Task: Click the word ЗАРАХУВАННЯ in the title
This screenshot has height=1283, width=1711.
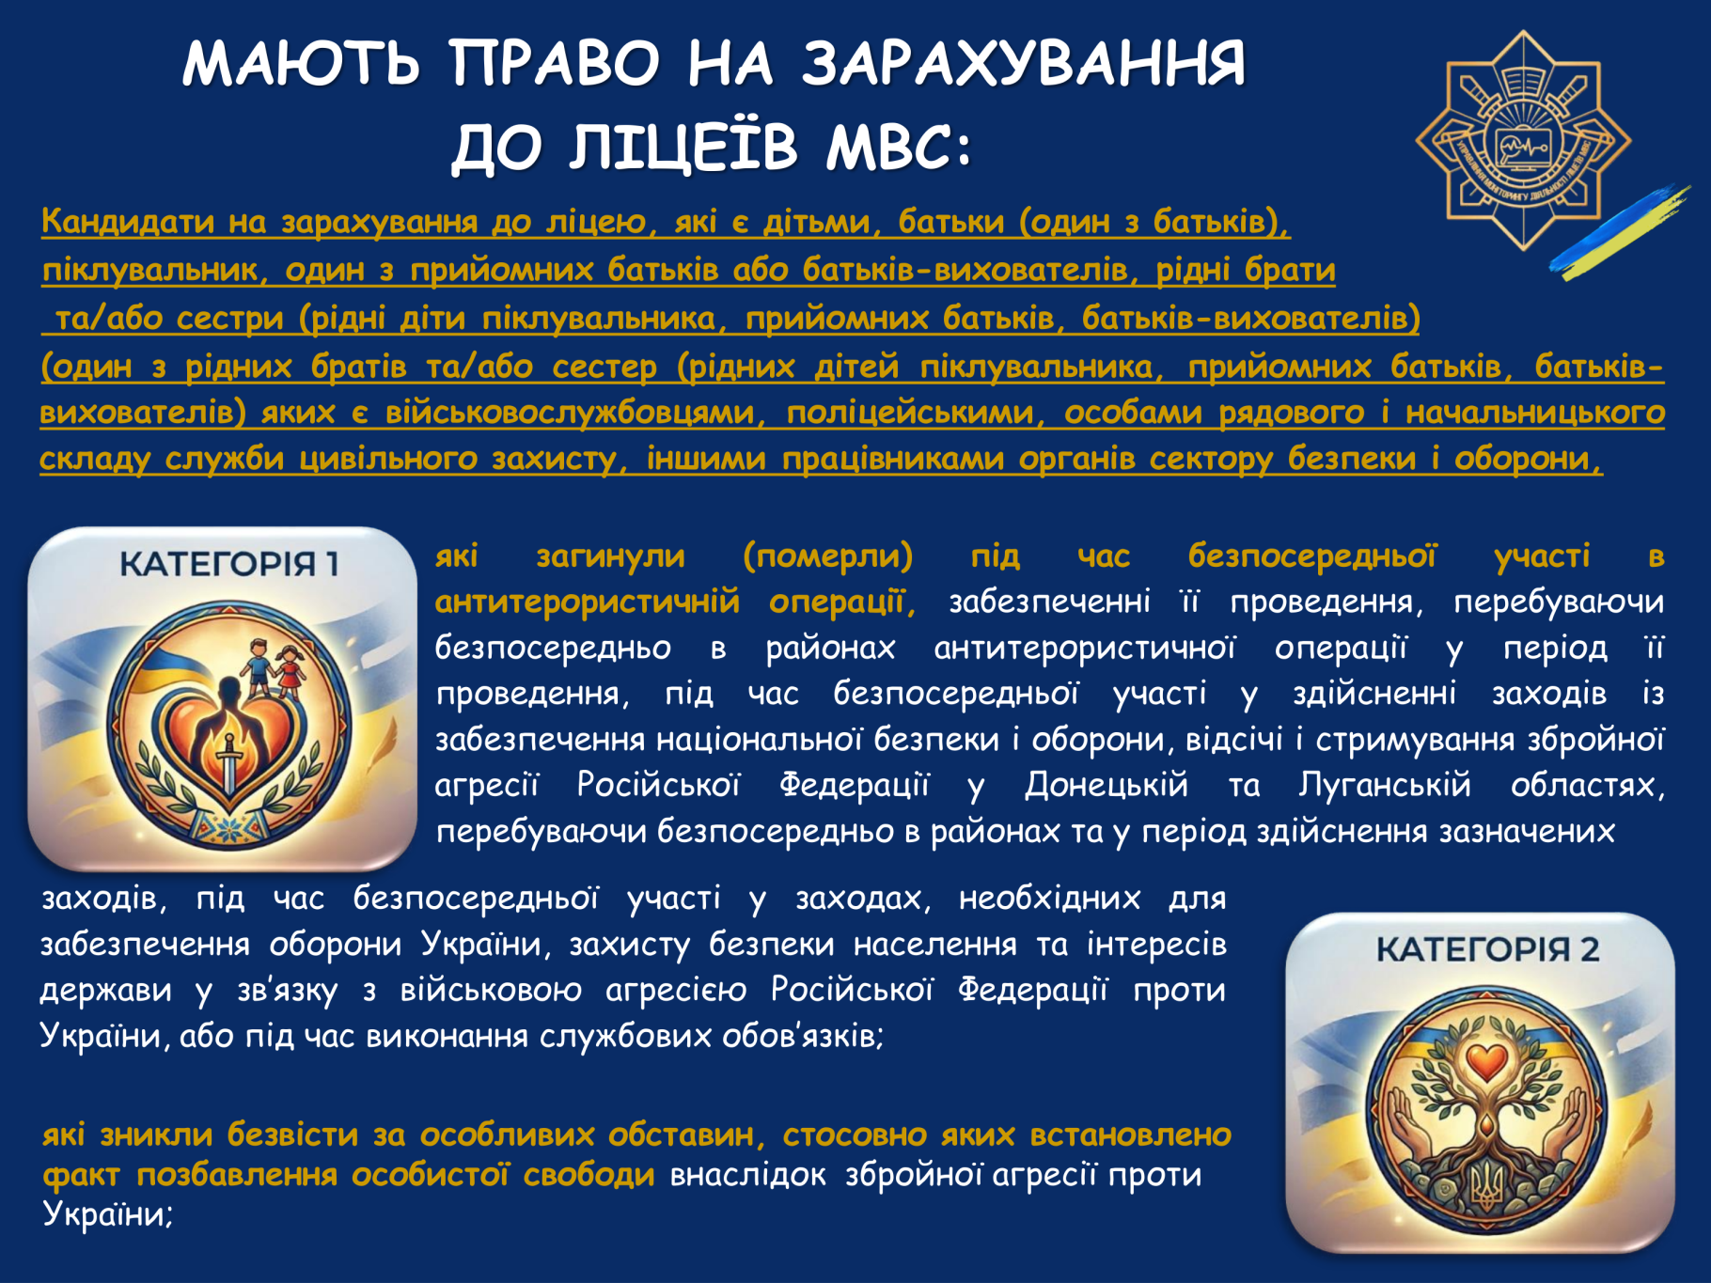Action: point(1024,63)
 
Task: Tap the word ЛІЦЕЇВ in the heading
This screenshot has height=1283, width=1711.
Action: point(684,147)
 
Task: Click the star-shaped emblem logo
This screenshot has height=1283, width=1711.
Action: point(1523,141)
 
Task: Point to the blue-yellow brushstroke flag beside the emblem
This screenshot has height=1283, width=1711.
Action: point(1619,231)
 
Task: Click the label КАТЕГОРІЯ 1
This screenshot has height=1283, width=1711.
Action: point(228,563)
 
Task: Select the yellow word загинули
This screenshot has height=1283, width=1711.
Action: point(610,556)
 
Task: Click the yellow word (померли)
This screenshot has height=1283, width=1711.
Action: point(827,556)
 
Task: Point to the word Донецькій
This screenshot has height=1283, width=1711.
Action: point(1106,785)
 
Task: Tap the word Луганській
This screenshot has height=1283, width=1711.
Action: point(1384,785)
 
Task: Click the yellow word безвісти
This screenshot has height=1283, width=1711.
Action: point(292,1134)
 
